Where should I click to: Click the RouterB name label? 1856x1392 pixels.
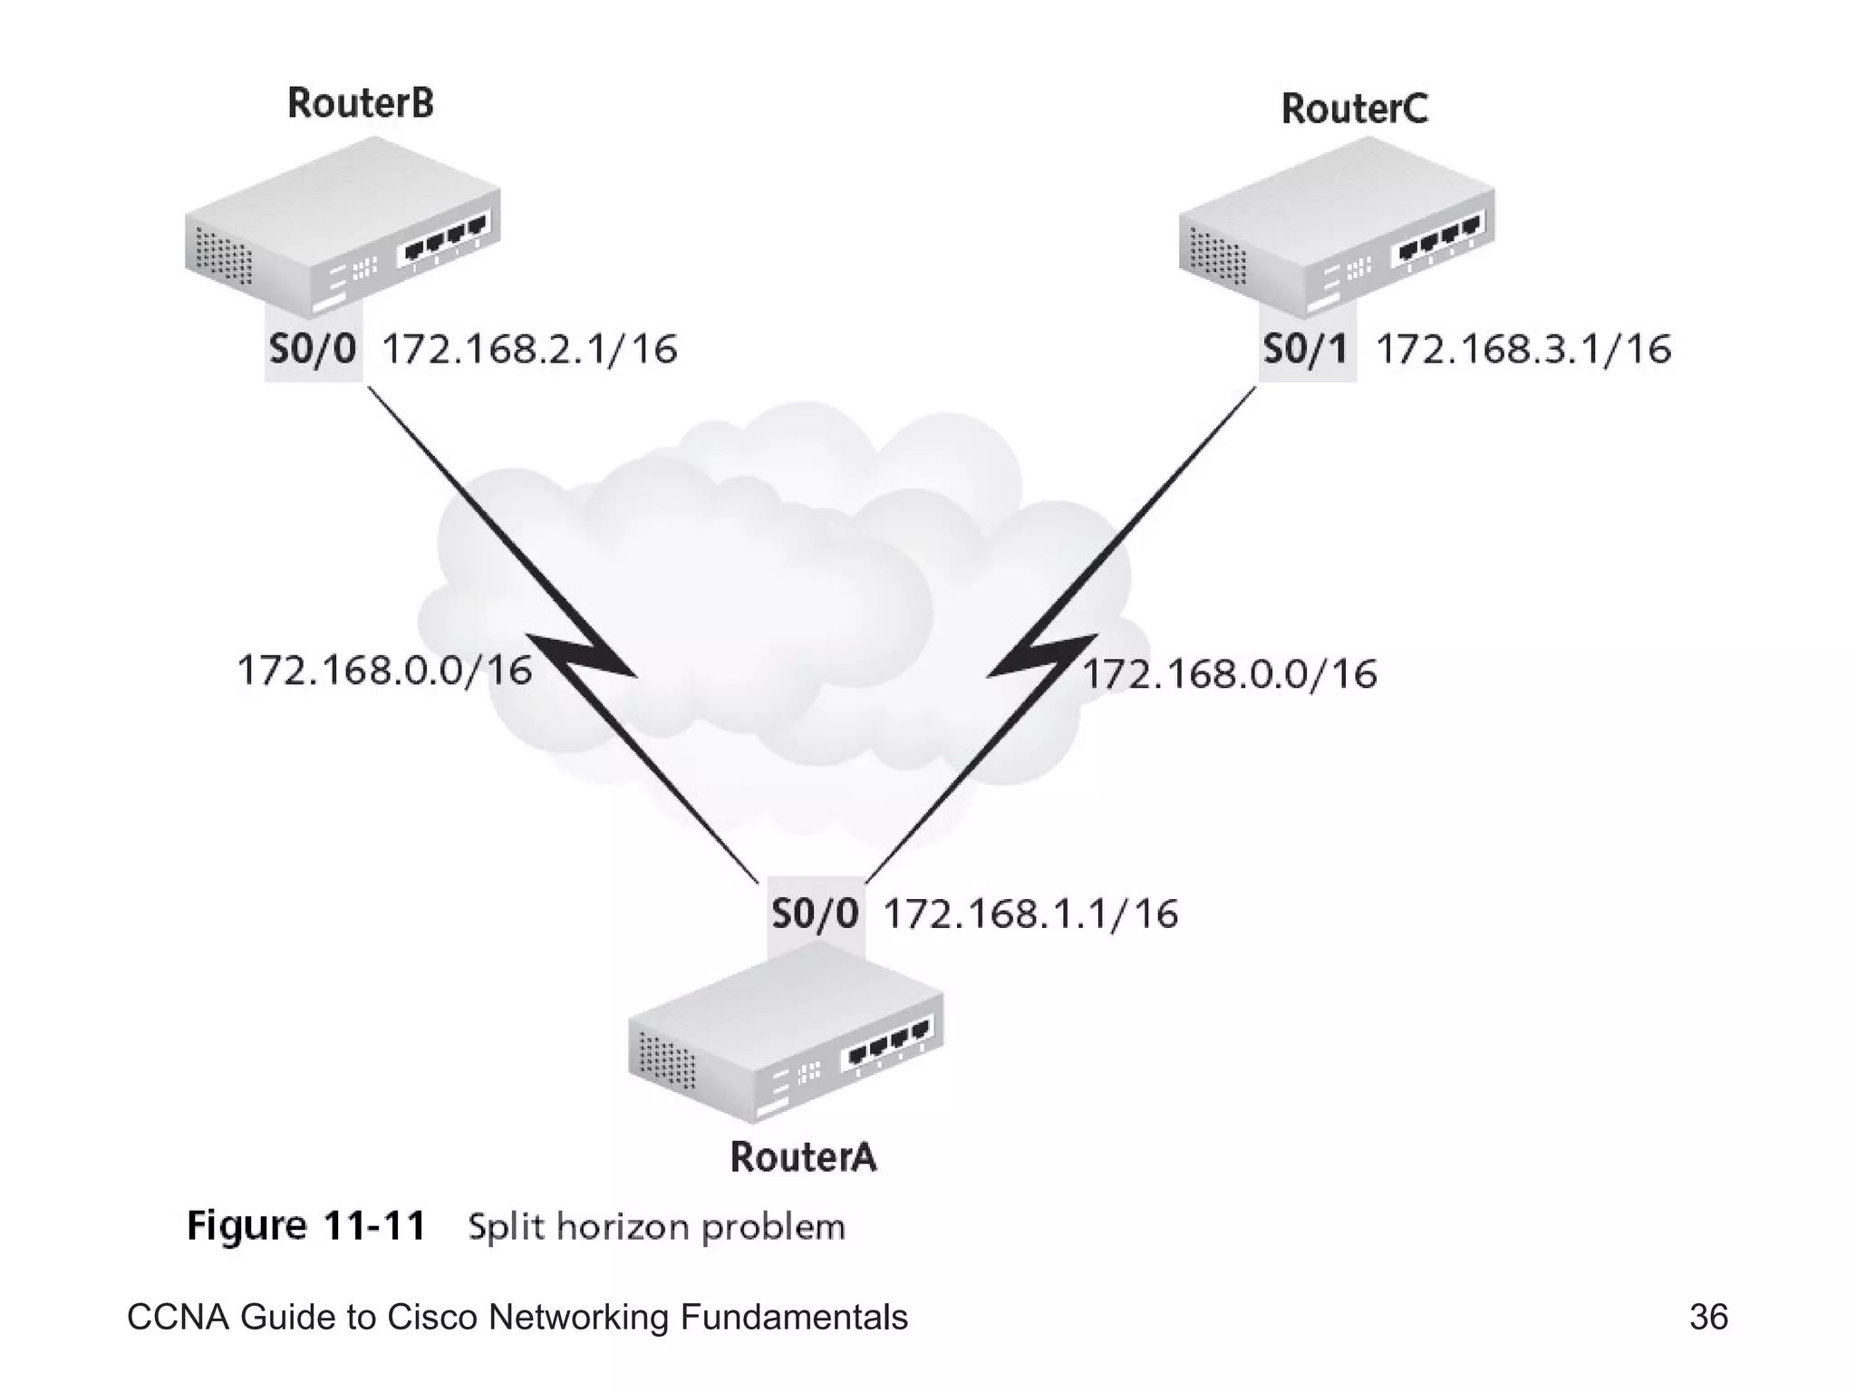pos(360,102)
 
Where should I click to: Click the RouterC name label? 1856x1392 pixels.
pos(1354,109)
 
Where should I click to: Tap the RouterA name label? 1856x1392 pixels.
pos(803,1157)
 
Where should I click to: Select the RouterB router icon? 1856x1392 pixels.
pos(343,227)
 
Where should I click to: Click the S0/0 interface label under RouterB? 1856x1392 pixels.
pos(313,349)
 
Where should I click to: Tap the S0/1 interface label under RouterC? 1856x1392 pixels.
pos(1306,349)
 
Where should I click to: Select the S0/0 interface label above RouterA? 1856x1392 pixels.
pos(815,913)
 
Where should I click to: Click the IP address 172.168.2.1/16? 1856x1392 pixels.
pos(529,350)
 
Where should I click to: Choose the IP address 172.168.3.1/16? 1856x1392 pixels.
pos(1523,350)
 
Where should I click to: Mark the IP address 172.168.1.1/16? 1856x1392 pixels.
pos(1030,913)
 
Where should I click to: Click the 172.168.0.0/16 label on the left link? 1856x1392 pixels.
pos(383,671)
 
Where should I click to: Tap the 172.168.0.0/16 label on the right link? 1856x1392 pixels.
pos(1230,674)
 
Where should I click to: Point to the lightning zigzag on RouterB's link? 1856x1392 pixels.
pos(584,656)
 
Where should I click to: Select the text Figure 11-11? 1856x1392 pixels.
pos(305,1226)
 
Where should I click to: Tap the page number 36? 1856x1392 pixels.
pos(1708,1317)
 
